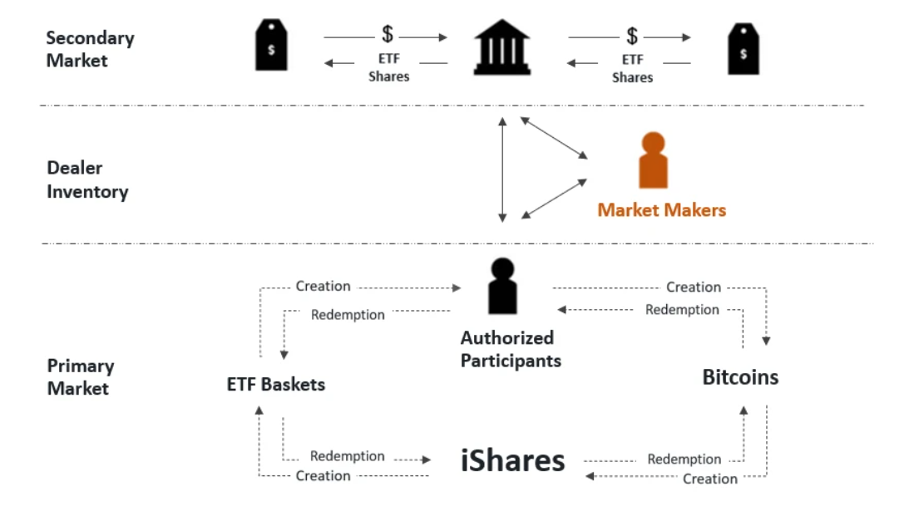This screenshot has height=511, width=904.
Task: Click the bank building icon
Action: [x=501, y=49]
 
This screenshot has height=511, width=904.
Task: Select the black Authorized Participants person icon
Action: [x=502, y=287]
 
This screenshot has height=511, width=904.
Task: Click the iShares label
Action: [x=512, y=460]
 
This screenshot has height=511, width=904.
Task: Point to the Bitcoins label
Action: [x=740, y=377]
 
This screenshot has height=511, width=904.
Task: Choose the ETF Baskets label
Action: [x=275, y=385]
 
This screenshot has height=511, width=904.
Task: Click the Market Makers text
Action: [x=661, y=210]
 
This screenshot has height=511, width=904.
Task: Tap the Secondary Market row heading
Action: [x=90, y=49]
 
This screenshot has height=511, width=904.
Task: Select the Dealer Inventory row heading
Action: [x=87, y=180]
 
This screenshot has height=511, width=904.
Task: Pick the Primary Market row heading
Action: [x=80, y=376]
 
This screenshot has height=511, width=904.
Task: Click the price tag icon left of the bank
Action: [x=270, y=47]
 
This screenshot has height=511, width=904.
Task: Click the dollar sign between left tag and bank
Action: [x=388, y=35]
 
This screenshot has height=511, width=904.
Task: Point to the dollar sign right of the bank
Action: [x=632, y=36]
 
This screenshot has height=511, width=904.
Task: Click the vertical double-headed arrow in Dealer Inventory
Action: [x=501, y=170]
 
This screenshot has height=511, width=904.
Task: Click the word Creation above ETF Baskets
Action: [x=323, y=286]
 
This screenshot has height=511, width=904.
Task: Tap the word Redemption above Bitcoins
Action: [x=682, y=310]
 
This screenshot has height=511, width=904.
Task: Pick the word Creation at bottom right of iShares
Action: [x=709, y=479]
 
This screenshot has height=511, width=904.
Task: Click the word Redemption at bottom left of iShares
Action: [x=347, y=456]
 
